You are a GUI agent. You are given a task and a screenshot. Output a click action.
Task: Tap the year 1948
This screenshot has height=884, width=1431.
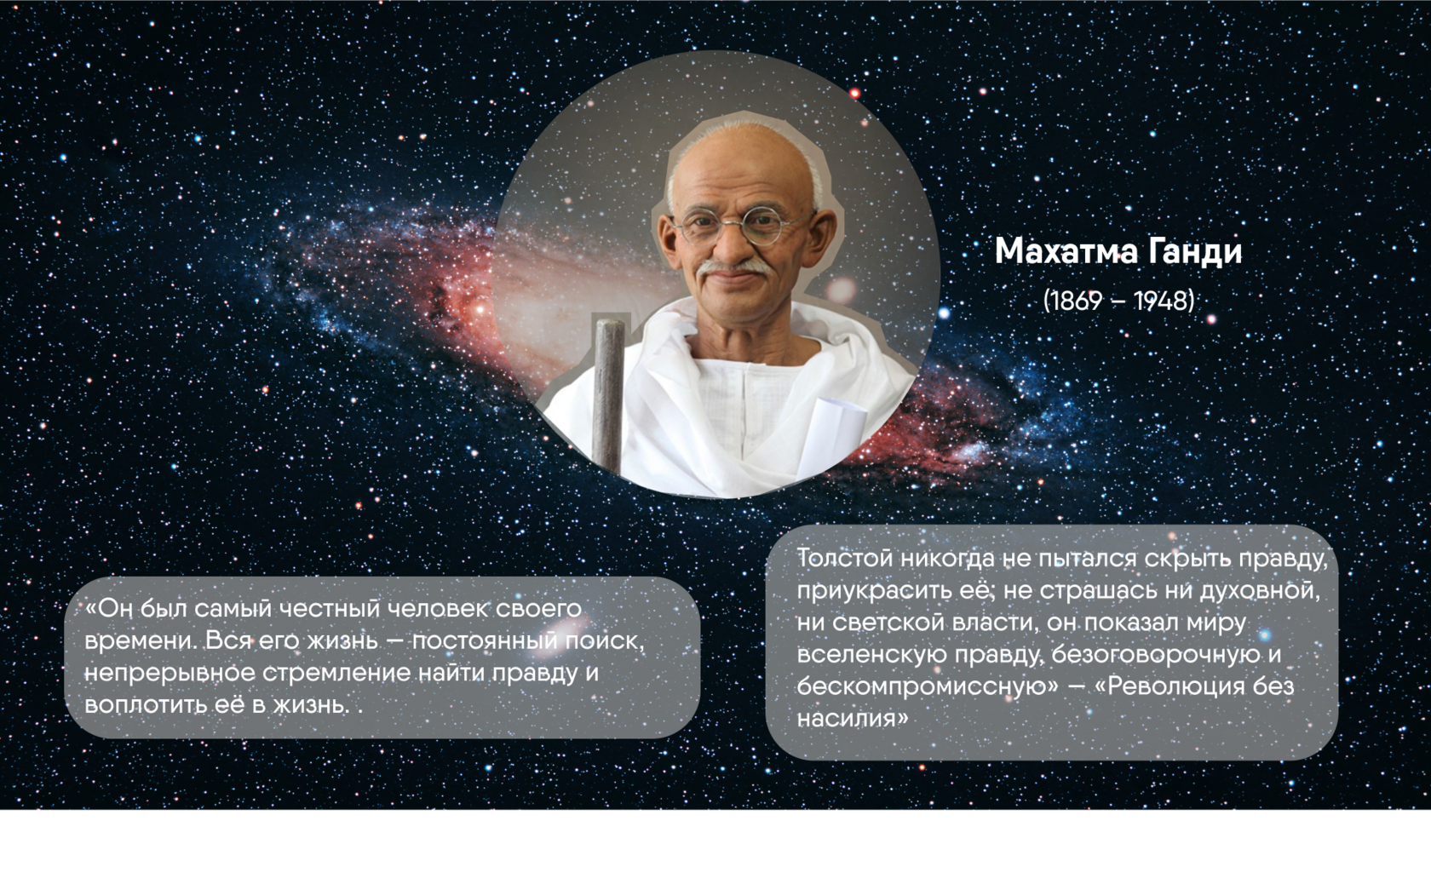coord(1161,301)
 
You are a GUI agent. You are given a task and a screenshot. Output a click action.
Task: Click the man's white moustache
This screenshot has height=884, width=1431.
coord(733,267)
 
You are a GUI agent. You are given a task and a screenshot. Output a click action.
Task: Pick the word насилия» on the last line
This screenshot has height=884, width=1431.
coord(852,719)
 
